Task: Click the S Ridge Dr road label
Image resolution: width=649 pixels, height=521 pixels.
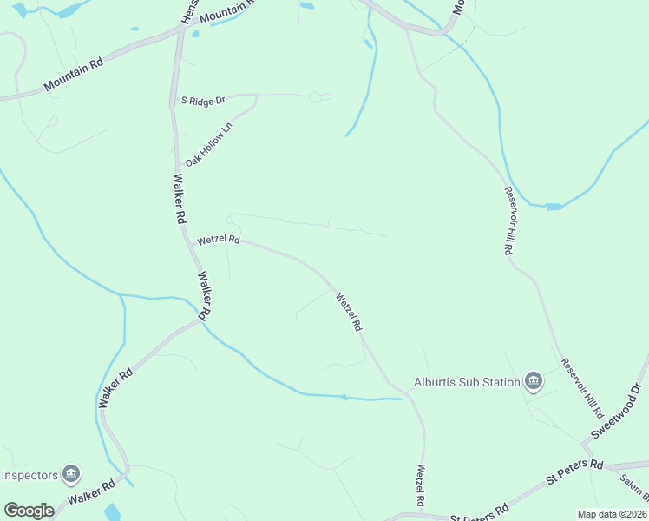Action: (x=202, y=101)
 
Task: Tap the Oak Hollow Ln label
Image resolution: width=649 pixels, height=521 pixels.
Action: (x=209, y=145)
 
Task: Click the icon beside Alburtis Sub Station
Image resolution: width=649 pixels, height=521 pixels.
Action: (x=534, y=381)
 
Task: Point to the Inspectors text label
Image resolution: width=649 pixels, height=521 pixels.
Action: (x=29, y=475)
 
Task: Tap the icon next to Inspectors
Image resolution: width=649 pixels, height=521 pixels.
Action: (x=72, y=475)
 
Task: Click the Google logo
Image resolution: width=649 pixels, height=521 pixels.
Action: (x=29, y=511)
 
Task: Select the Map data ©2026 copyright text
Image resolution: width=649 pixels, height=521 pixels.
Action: (x=612, y=514)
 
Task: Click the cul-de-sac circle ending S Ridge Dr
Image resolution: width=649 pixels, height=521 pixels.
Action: (x=315, y=97)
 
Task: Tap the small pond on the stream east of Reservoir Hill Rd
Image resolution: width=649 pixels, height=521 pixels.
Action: (x=553, y=207)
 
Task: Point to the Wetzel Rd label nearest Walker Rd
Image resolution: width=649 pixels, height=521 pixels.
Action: (x=218, y=239)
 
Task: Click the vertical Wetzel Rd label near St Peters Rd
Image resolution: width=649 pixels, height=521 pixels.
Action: (x=420, y=486)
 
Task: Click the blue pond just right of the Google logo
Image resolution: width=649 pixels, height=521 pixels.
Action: (x=112, y=511)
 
